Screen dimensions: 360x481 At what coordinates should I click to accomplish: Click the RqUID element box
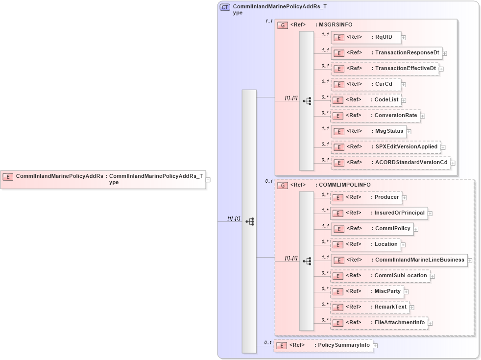[366, 37]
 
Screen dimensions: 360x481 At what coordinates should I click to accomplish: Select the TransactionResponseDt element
[386, 53]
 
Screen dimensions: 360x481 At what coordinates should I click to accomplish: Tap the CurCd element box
[366, 84]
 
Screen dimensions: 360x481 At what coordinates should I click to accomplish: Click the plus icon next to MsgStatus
[409, 132]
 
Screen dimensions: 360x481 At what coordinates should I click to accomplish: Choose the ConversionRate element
[375, 116]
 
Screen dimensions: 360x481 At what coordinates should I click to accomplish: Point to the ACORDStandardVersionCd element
[390, 163]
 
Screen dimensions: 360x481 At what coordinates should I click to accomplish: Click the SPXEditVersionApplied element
[385, 147]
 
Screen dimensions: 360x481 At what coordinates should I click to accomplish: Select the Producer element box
[366, 197]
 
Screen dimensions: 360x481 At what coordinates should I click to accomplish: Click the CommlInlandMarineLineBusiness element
[399, 260]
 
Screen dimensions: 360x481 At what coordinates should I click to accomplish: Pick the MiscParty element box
[367, 291]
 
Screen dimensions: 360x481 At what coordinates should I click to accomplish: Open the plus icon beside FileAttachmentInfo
[431, 323]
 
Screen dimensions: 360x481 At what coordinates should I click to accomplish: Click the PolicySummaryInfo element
[323, 345]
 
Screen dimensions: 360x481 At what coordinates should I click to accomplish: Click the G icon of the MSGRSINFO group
[283, 25]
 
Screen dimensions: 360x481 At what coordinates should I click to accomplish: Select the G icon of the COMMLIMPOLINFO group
[283, 186]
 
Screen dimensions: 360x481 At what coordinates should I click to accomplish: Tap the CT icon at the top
[225, 7]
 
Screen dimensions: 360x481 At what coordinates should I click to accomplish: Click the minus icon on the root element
[208, 180]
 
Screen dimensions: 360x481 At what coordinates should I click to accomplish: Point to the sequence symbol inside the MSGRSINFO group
[307, 101]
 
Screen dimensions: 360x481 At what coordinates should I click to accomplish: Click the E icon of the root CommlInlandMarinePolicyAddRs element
[8, 176]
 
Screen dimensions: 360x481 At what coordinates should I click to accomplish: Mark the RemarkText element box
[370, 307]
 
